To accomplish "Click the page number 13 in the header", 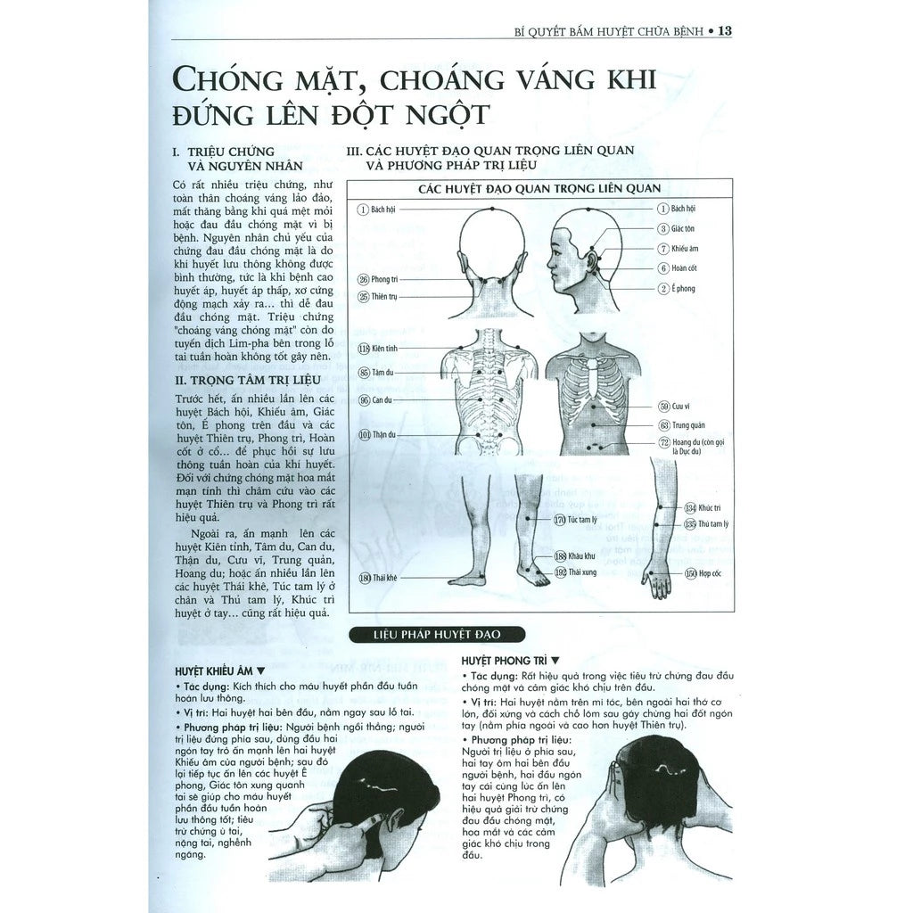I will click(724, 31).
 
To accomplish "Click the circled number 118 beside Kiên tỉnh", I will click(364, 349).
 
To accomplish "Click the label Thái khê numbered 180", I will click(378, 578).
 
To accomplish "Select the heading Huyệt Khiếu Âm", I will click(218, 670).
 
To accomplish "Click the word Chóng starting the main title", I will click(225, 82).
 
